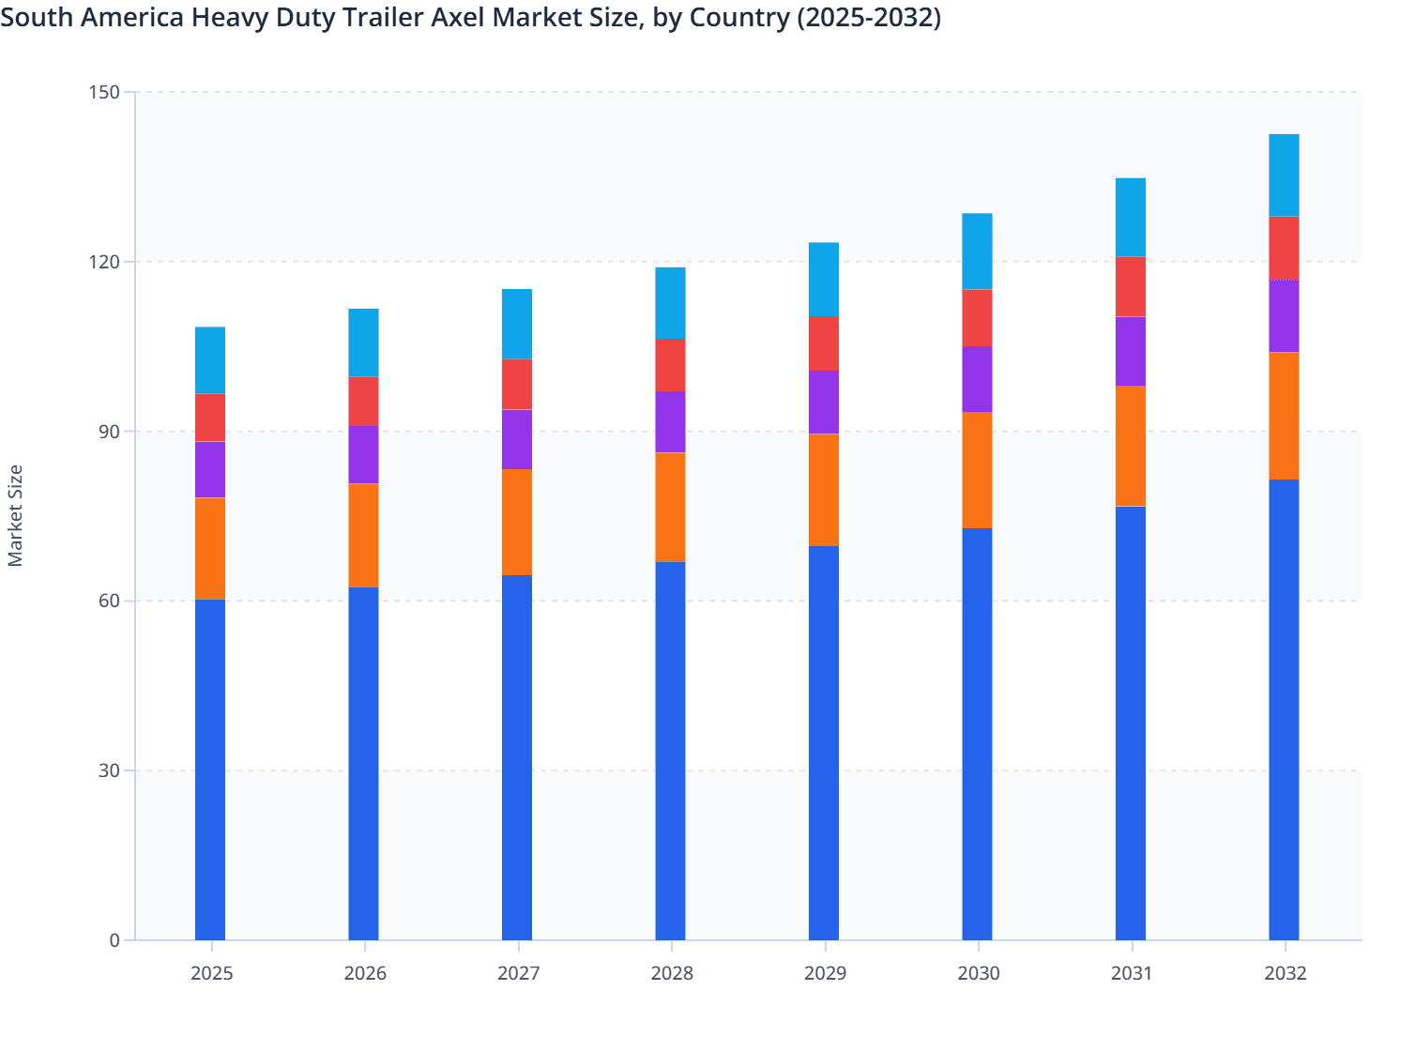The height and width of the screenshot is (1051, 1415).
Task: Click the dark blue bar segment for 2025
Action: point(210,769)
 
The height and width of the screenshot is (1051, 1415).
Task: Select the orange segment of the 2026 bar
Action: point(363,535)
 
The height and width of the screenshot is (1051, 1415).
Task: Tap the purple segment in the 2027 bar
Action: point(517,439)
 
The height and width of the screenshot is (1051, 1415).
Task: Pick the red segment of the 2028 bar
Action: point(670,365)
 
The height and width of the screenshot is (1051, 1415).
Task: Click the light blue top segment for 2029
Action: point(824,280)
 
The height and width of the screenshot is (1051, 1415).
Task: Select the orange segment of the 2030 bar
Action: point(977,470)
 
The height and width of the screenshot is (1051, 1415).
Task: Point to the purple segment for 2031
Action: point(1131,351)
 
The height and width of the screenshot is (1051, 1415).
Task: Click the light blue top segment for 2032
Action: point(1284,175)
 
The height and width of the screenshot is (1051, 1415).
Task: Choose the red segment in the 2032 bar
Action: point(1284,248)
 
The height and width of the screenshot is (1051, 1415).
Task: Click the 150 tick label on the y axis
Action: point(105,92)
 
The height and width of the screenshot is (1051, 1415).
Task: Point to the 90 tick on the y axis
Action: point(110,432)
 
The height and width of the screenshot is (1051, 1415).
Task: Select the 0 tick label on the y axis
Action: point(114,940)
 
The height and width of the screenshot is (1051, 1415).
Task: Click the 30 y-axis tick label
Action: point(110,770)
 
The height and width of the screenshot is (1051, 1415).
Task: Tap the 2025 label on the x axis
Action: point(211,973)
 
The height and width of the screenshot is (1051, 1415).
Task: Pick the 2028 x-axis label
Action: point(672,973)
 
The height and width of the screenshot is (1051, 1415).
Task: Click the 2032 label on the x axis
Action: point(1286,973)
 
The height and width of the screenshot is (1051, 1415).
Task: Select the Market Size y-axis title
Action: point(15,516)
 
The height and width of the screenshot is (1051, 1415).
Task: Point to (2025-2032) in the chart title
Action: point(868,17)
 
